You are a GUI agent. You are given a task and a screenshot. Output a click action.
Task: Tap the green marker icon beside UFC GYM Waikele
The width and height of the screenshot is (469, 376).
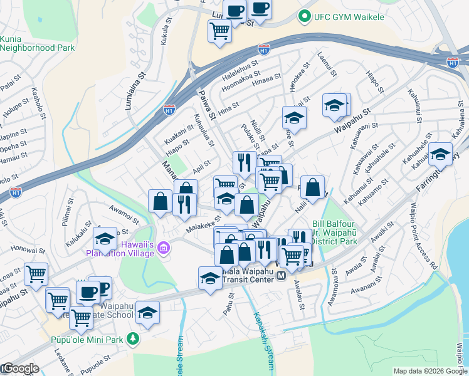click(305, 16)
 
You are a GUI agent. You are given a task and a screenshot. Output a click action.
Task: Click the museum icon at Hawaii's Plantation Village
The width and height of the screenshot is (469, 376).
click(164, 249)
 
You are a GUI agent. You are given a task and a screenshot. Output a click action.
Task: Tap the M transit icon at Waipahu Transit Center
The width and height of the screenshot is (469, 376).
click(282, 276)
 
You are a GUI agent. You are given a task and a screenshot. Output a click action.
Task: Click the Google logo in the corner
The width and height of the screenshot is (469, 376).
click(20, 368)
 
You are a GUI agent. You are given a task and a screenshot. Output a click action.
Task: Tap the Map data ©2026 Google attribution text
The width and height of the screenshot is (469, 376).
click(429, 371)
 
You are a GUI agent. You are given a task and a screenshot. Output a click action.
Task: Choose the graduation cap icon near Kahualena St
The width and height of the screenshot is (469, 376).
click(441, 153)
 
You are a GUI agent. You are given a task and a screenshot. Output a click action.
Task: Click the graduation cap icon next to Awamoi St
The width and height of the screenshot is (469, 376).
click(105, 238)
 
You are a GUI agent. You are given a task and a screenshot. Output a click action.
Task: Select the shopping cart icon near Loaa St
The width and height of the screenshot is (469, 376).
click(36, 273)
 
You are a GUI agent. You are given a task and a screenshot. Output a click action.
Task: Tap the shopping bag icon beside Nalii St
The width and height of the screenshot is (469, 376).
click(313, 186)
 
